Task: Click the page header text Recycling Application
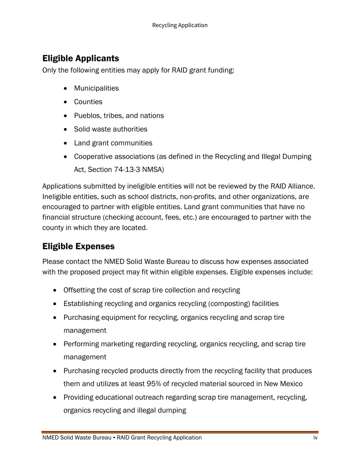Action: (180, 25)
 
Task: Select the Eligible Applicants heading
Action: (81, 58)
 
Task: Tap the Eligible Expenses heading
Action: (78, 246)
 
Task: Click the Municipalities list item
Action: (96, 88)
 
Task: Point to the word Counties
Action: (88, 102)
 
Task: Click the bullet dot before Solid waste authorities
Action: (67, 130)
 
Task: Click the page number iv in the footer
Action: (315, 438)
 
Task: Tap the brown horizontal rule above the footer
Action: (180, 432)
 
